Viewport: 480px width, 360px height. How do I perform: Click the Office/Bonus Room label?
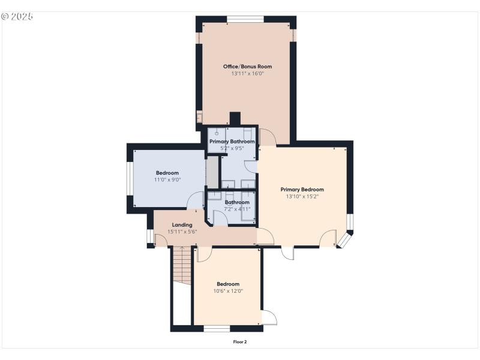(247, 66)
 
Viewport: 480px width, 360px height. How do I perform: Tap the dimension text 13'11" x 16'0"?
(247, 74)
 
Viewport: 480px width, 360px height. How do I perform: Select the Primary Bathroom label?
(232, 142)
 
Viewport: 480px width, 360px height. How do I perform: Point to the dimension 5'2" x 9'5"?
(232, 149)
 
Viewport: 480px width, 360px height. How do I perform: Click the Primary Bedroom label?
(302, 189)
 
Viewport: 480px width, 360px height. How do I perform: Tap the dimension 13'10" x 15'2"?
(302, 196)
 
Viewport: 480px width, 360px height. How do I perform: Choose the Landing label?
(182, 225)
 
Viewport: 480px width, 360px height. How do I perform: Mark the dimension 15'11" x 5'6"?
(182, 232)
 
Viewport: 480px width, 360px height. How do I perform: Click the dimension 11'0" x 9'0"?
(167, 179)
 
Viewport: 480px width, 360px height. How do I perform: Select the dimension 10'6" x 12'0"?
(227, 291)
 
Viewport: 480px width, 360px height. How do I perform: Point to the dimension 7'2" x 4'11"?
(237, 209)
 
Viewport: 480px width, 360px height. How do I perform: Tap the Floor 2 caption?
(240, 342)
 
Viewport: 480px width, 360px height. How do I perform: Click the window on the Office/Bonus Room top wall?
(246, 19)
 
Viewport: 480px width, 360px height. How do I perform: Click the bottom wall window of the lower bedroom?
(217, 328)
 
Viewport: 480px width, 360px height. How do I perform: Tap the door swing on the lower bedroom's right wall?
(269, 317)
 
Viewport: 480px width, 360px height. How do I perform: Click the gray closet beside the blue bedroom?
(212, 172)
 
